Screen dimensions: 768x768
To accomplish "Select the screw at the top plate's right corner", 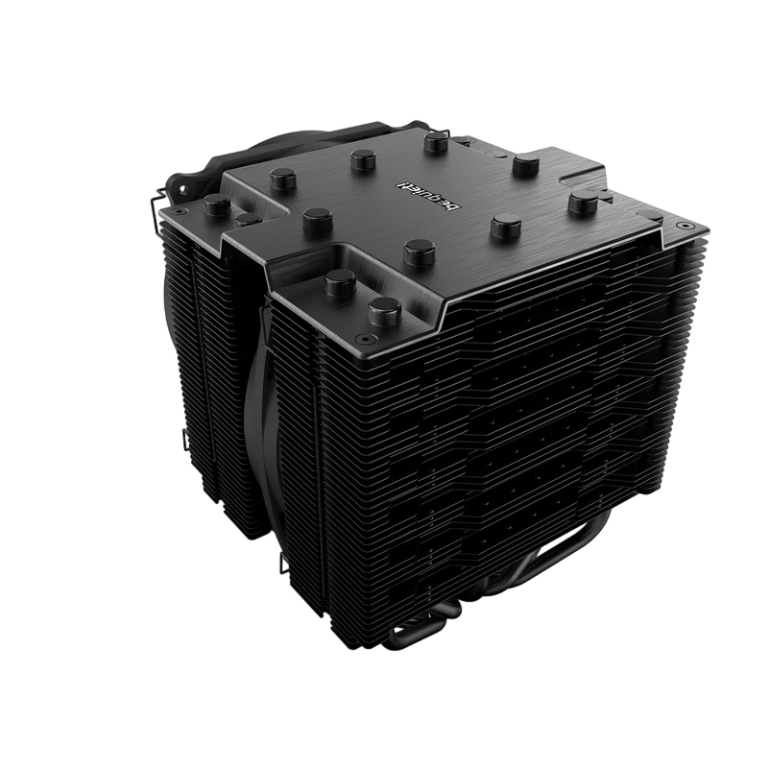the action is click(684, 226).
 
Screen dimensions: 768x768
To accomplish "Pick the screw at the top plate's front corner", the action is click(363, 338).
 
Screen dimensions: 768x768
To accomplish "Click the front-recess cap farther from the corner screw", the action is click(341, 284).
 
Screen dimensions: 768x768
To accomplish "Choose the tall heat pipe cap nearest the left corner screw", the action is click(217, 205).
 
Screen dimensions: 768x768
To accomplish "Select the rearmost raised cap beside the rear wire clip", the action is click(438, 142).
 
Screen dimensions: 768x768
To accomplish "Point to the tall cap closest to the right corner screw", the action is click(585, 204).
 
